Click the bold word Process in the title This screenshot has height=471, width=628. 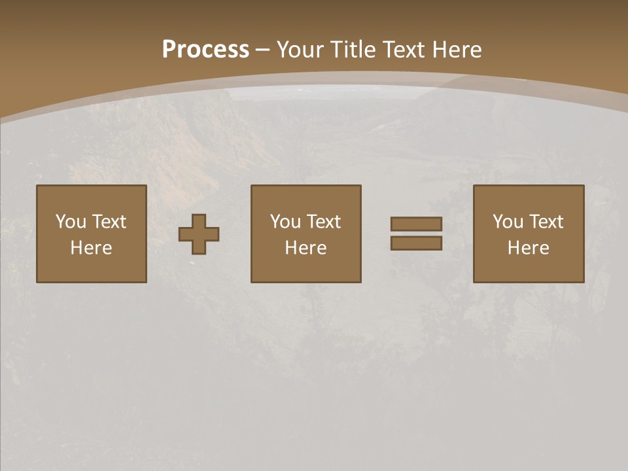pos(205,50)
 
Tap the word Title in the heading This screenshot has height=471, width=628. pos(353,50)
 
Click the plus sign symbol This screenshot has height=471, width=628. pos(199,234)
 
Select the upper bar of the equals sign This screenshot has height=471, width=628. pos(416,224)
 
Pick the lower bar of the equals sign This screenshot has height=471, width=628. pos(416,243)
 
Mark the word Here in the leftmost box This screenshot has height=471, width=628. pos(91,248)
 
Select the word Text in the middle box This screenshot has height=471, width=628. pos(324,222)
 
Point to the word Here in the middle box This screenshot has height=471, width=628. pos(305,248)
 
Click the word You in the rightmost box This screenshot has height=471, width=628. pos(508,222)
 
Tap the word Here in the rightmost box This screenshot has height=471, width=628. pos(528,248)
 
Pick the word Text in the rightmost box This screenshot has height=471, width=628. pos(546,222)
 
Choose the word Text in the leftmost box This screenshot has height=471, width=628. pos(109,222)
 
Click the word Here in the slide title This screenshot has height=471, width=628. pos(457,50)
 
